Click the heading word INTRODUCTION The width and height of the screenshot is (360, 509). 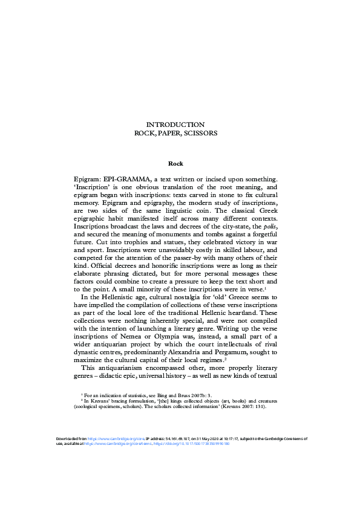[x=175, y=124]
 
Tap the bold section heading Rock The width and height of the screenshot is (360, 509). [x=175, y=163]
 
